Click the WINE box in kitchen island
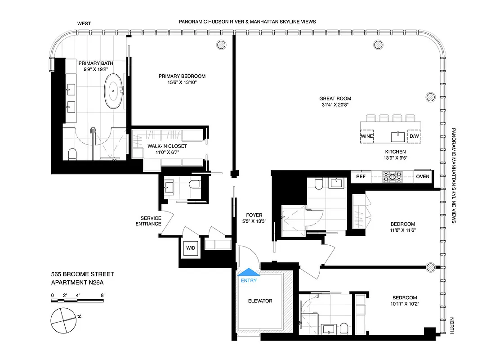(367, 135)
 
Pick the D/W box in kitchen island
(414, 135)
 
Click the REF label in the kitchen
(361, 177)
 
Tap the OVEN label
(422, 177)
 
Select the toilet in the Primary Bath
(72, 154)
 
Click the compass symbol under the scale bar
(63, 320)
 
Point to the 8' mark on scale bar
(103, 296)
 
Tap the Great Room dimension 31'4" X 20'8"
(335, 105)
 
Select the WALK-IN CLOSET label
(167, 146)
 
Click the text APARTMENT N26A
(80, 283)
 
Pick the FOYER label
(254, 215)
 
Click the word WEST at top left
(84, 22)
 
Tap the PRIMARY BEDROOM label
(182, 76)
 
